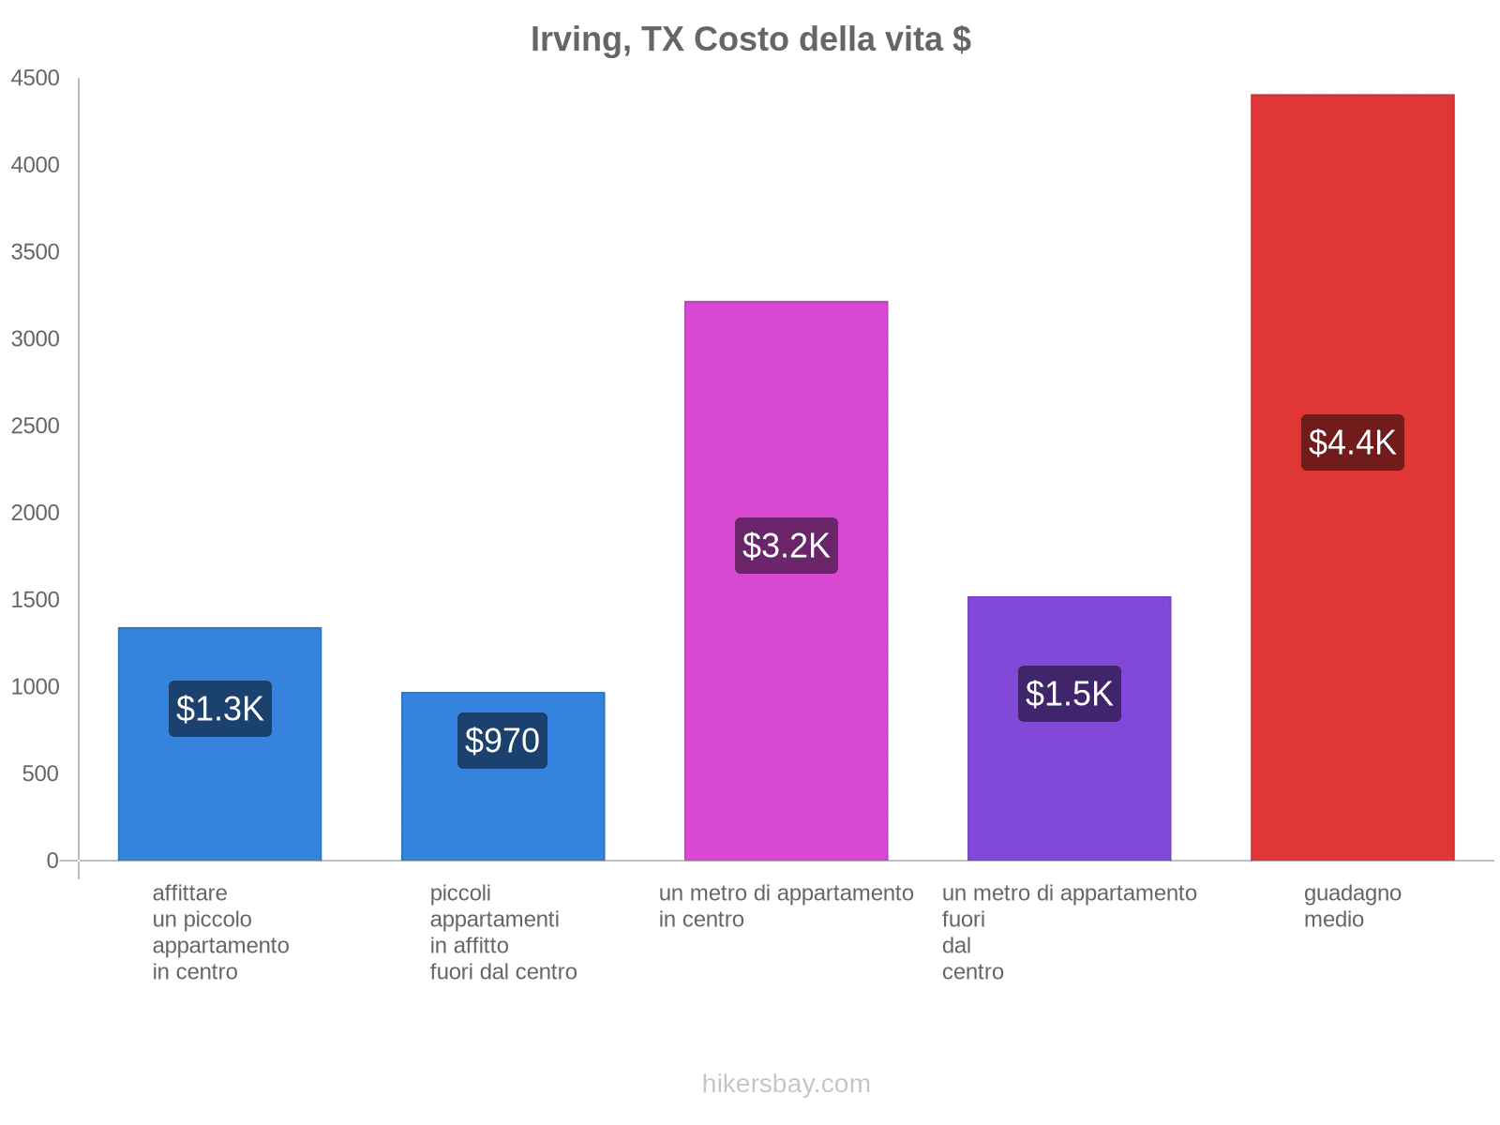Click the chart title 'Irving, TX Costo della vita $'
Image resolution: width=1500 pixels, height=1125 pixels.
pos(750,39)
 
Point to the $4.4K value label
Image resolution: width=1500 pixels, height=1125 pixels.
pos(1352,442)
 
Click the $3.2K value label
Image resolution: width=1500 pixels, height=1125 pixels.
pos(786,546)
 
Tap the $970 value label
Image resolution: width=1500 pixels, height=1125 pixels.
pos(502,741)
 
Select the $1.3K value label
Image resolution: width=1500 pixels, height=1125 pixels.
pos(219,709)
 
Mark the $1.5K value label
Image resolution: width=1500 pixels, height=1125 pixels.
pos(1069,694)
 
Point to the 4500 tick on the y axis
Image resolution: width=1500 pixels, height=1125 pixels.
pos(35,79)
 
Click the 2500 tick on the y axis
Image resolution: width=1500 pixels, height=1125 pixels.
pos(35,427)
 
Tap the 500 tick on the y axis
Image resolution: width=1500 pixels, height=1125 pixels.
pos(40,774)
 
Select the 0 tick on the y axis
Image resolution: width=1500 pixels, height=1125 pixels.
pos(52,861)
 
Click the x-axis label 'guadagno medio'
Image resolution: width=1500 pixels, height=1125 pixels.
pos(1352,907)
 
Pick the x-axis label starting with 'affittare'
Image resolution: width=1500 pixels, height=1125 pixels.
pos(220,932)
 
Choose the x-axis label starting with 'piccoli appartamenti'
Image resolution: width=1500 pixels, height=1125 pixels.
pos(502,932)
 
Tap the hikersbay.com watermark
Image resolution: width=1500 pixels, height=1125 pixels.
pos(786,1084)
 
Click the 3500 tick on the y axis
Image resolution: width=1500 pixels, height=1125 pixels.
pos(35,252)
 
